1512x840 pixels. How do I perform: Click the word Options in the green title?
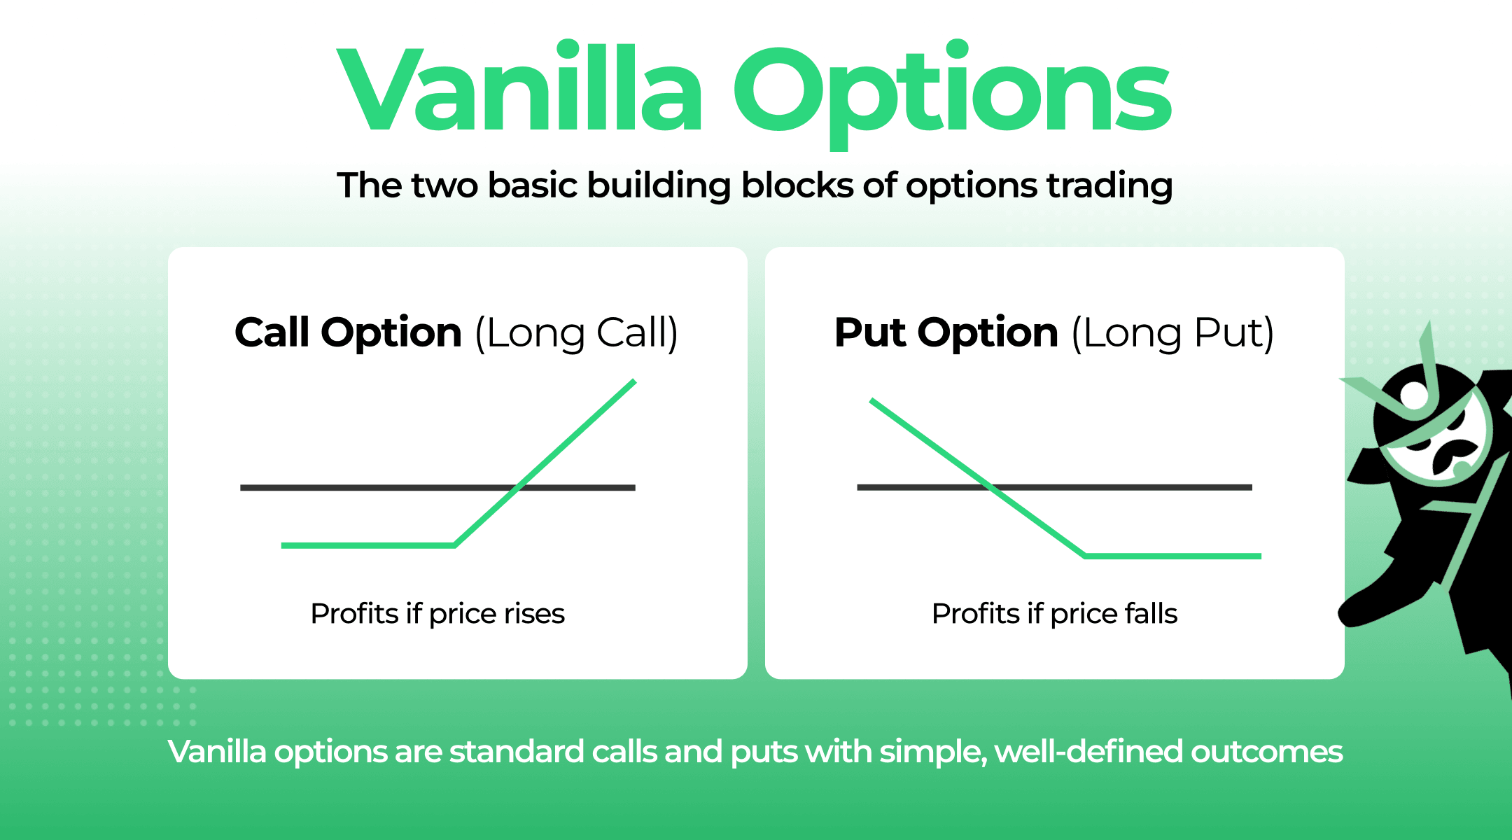[952, 91]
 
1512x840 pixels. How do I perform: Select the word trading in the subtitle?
[1109, 187]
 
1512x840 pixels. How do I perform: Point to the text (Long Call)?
[576, 333]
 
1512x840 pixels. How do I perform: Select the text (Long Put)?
[1172, 333]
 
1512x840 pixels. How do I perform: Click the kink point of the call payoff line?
[455, 545]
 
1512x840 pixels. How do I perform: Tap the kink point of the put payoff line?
[1085, 556]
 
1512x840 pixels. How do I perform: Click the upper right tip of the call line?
[633, 381]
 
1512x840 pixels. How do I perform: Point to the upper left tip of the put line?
[871, 400]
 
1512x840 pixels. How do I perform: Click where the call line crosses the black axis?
[518, 487]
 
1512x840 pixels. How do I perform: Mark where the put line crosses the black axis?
[990, 486]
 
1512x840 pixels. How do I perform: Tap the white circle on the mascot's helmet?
[1415, 395]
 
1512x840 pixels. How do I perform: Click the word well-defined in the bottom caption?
[1088, 752]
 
